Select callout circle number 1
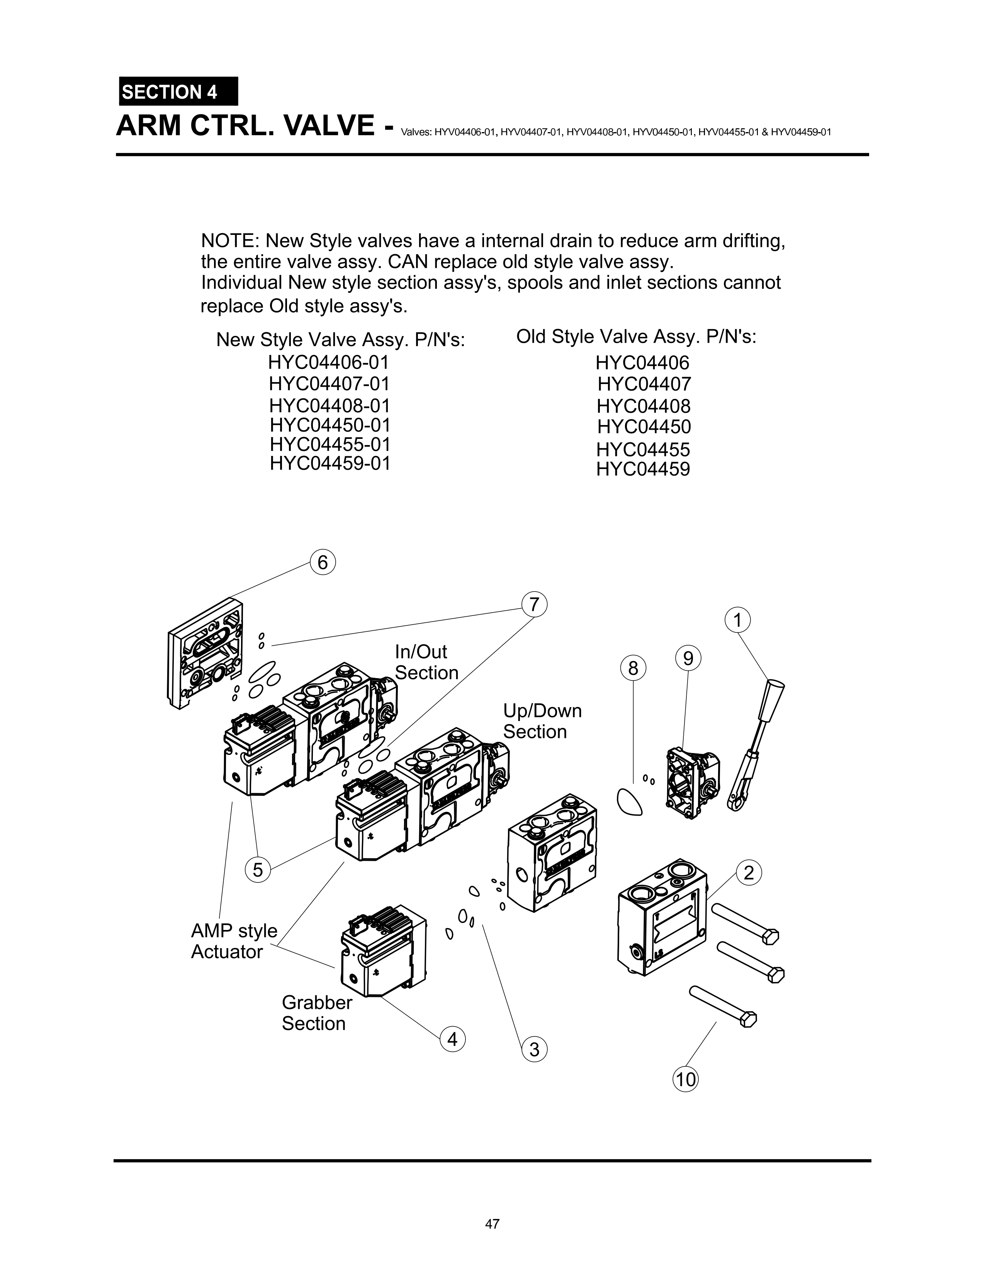coord(737,620)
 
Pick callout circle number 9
coord(688,658)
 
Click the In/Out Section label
coord(426,662)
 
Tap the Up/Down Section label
coord(542,721)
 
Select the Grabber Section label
coord(316,1013)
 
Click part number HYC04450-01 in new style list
coord(330,425)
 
